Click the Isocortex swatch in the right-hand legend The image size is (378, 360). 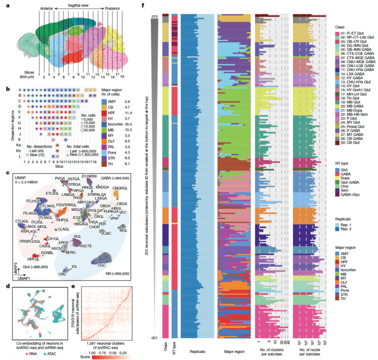point(337,269)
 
